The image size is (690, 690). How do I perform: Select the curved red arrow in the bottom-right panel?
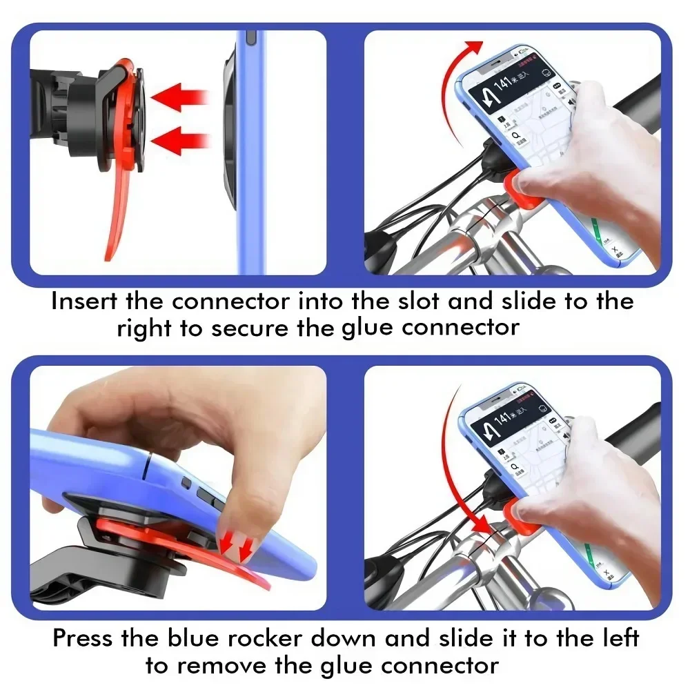452,469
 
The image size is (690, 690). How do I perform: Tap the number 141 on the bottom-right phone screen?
504,418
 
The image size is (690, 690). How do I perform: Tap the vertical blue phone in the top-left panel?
250,152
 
